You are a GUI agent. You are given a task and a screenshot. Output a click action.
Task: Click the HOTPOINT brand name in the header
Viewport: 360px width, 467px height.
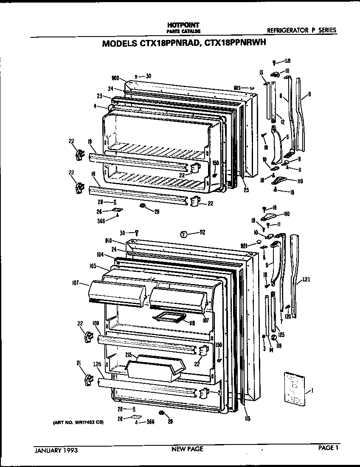(183, 25)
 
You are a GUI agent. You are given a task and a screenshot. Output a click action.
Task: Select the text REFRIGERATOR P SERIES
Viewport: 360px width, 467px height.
(301, 30)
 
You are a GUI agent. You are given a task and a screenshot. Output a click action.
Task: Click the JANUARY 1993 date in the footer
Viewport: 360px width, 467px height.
(56, 449)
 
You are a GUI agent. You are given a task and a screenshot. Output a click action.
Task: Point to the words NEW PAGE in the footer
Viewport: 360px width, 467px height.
(187, 449)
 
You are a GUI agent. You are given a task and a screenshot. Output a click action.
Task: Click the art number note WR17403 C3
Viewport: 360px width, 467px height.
(79, 423)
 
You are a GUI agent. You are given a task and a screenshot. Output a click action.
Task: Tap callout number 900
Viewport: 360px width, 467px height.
(114, 79)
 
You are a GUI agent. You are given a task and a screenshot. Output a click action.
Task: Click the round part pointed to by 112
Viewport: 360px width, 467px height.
(184, 233)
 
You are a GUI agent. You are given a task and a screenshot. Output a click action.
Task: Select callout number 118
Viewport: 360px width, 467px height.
(192, 323)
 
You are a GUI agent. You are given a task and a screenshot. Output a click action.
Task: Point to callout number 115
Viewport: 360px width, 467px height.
(247, 419)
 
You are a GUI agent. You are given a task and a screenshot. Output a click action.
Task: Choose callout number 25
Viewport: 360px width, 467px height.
(246, 190)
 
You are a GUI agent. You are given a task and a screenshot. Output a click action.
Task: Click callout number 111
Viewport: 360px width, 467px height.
(287, 70)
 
